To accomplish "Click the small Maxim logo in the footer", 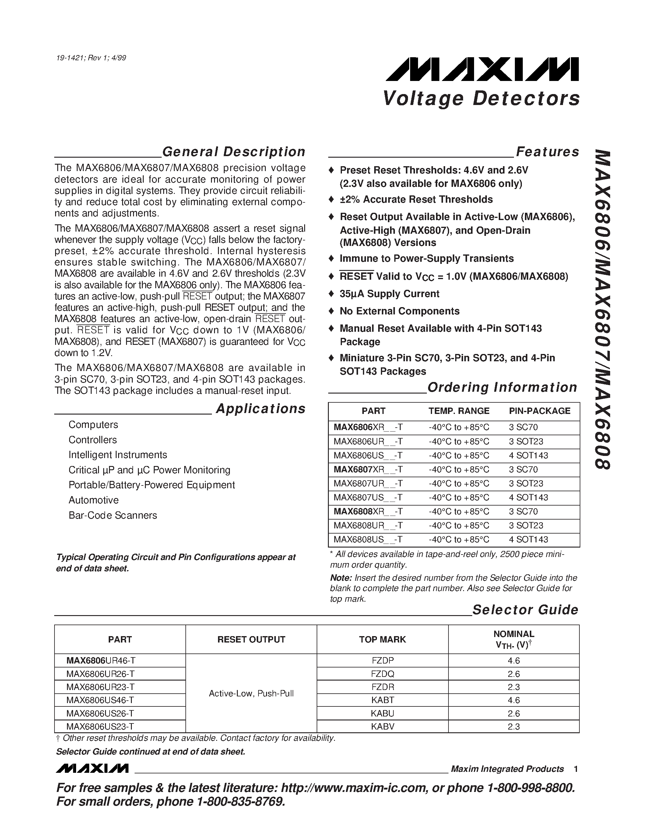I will tap(92, 769).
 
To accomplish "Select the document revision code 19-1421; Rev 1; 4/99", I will tap(91, 58).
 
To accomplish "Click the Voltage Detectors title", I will tap(481, 99).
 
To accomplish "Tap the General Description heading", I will tap(234, 152).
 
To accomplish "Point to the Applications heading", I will tap(260, 409).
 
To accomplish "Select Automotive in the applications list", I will tap(93, 500).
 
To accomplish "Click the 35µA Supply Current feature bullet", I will tap(389, 294).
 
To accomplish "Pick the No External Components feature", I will tap(399, 311).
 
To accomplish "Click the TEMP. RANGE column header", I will tap(459, 411).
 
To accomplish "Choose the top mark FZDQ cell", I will tap(382, 674).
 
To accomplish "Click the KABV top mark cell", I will tap(382, 726).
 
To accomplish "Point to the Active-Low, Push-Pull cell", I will tap(251, 693).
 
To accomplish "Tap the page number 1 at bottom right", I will tap(576, 769).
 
